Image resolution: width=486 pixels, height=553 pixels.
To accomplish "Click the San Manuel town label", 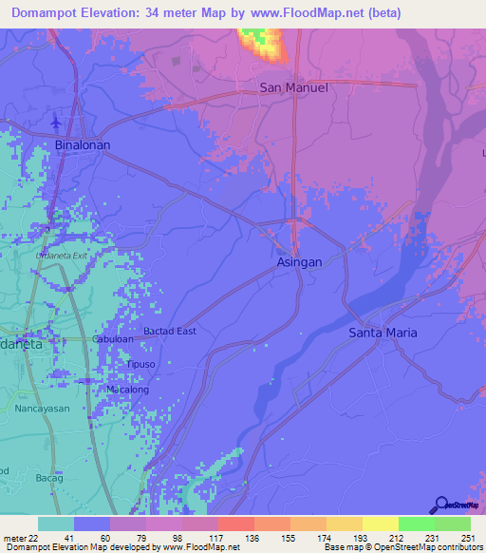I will (293, 87).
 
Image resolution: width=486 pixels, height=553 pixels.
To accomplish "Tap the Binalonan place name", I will (82, 145).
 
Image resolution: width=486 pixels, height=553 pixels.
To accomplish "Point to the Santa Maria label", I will (383, 333).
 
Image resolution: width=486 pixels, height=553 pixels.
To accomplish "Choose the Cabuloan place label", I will (112, 339).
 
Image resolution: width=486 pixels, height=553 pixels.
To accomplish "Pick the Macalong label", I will (127, 390).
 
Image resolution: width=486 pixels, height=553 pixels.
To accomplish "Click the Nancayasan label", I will (42, 408).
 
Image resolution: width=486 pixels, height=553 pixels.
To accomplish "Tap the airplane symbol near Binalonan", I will (56, 123).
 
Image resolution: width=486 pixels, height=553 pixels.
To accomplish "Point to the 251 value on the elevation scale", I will (466, 539).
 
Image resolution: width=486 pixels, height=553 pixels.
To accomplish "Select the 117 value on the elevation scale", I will (217, 539).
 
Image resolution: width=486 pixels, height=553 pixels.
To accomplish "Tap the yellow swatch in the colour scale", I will (379, 524).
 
